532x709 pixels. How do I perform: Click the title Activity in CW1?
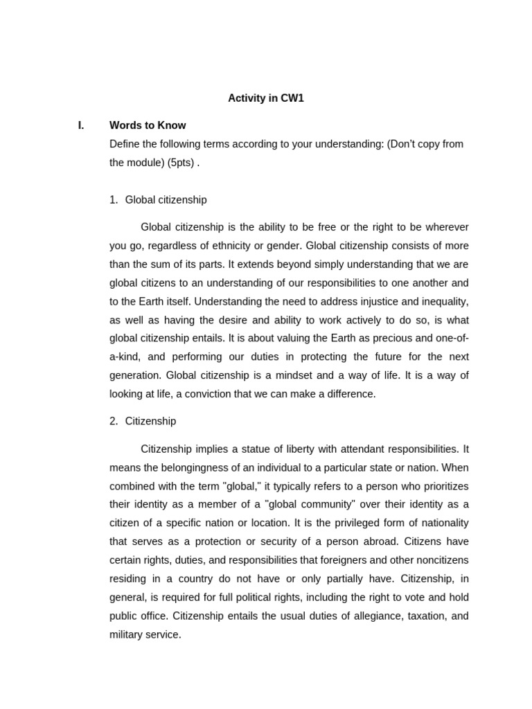[266, 98]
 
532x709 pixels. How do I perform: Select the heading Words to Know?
[148, 125]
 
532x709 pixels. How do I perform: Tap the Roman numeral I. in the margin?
[81, 125]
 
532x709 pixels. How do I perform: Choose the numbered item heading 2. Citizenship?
[143, 421]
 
